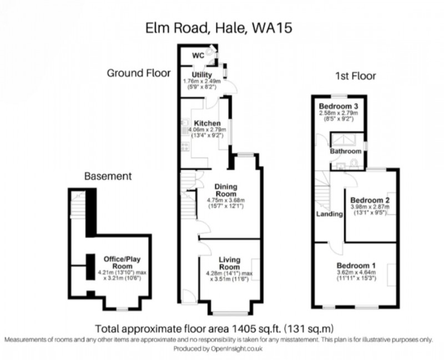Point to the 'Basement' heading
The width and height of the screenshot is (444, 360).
click(108, 176)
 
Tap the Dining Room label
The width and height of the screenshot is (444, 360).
click(225, 190)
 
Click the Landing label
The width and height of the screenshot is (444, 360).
click(329, 214)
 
